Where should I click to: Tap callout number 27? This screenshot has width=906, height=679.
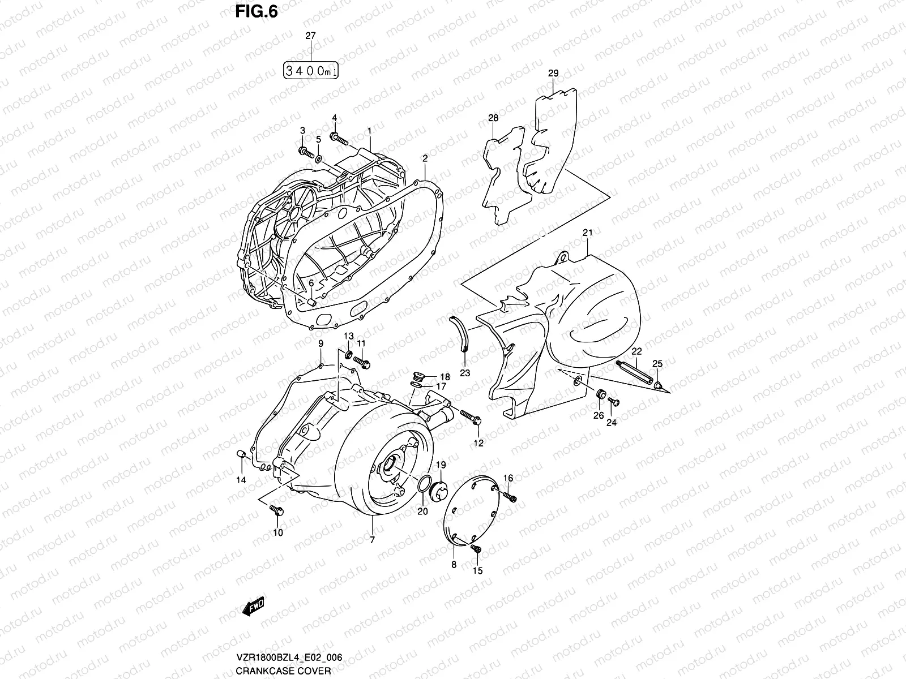[310, 35]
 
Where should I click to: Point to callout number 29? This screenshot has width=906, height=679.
[553, 74]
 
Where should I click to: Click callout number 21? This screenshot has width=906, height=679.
[587, 233]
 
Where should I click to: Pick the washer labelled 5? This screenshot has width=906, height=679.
[318, 157]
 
